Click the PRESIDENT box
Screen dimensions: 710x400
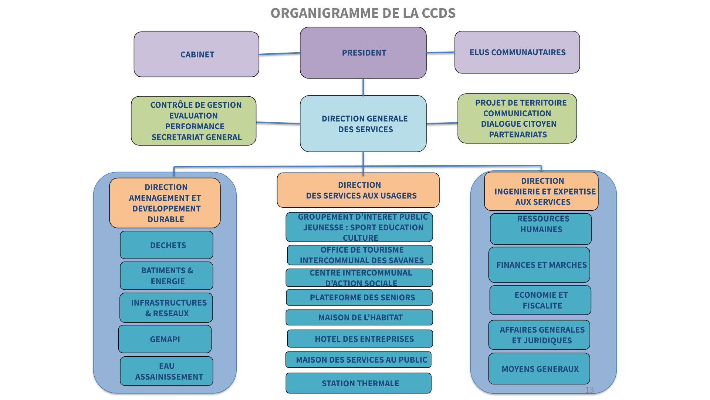pos(363,53)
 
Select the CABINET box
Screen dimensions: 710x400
pos(196,54)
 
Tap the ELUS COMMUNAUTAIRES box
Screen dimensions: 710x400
pos(517,52)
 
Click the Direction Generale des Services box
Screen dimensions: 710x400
pos(363,124)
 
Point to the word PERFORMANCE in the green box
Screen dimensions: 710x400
pos(195,127)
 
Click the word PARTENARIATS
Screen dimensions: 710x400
pos(518,135)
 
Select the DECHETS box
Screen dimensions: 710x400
pos(166,245)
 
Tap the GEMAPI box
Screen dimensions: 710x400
pos(165,339)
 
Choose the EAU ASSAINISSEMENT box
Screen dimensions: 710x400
pos(166,371)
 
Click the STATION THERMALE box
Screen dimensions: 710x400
pos(359,383)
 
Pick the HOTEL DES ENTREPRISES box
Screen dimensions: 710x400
pos(360,339)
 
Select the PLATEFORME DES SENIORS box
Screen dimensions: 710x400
pos(359,297)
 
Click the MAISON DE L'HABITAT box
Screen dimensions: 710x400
pos(359,317)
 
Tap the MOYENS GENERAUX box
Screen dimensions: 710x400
pos(539,369)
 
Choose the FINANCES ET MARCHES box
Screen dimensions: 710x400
pos(539,265)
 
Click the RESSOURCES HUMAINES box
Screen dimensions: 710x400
pos(541,229)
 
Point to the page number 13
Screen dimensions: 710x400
pos(589,390)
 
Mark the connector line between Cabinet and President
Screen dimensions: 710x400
pos(280,54)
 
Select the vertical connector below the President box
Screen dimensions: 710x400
pos(363,87)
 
